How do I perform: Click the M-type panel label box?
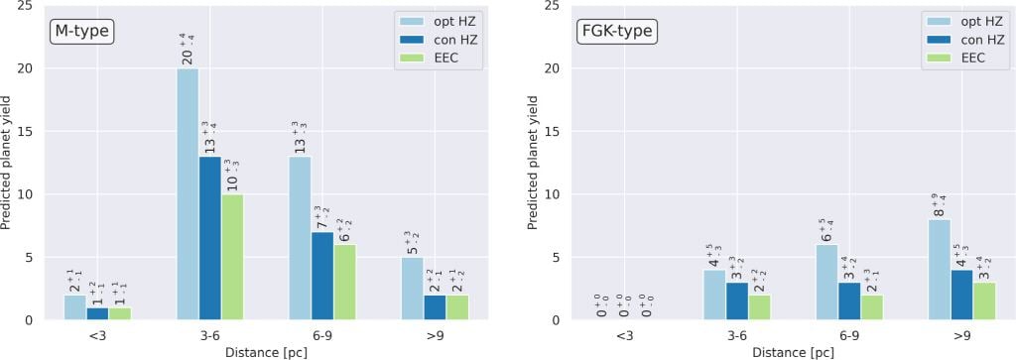83,32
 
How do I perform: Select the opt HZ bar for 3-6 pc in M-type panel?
188,193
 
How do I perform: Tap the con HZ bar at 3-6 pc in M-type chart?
210,238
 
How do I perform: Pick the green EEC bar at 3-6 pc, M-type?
232,257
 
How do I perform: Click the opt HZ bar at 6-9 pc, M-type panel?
300,238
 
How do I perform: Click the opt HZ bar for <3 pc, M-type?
75,307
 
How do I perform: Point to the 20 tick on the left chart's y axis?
40,68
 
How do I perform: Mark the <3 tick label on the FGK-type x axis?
624,337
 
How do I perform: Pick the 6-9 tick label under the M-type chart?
322,337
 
